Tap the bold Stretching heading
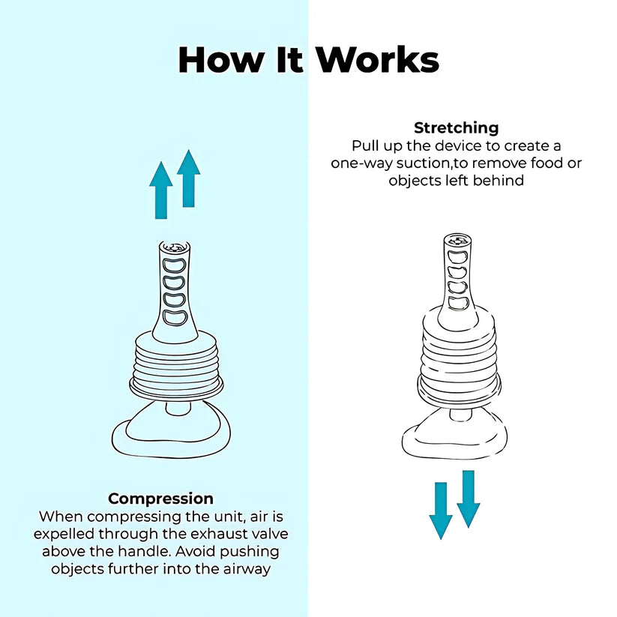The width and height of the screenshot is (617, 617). click(456, 127)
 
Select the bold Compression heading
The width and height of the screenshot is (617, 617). click(160, 499)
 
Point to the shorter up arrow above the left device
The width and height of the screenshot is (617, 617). click(161, 190)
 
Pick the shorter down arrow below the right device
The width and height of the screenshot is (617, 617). click(441, 511)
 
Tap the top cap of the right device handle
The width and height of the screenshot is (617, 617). click(457, 240)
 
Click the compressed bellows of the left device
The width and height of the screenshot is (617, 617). click(177, 364)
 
